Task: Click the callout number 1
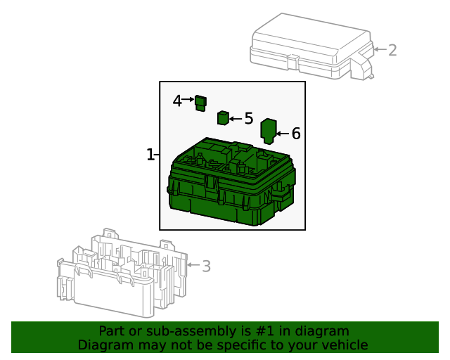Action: [x=150, y=155]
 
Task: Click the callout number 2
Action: [x=392, y=50]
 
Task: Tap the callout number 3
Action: [x=206, y=266]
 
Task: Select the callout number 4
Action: [x=177, y=101]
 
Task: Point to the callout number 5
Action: [x=249, y=118]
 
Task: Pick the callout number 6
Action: [x=296, y=134]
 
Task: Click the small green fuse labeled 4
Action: [x=200, y=103]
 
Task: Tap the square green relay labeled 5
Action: [x=223, y=117]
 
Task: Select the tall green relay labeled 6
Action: [x=269, y=131]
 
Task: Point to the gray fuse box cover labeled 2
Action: [x=312, y=46]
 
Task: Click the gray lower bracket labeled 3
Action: [x=122, y=274]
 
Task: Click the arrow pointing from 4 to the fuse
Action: [x=188, y=99]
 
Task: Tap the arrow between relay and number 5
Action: [x=236, y=119]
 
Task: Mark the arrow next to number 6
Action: [x=283, y=134]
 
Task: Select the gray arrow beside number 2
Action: [x=380, y=49]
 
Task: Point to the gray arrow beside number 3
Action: [x=194, y=265]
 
